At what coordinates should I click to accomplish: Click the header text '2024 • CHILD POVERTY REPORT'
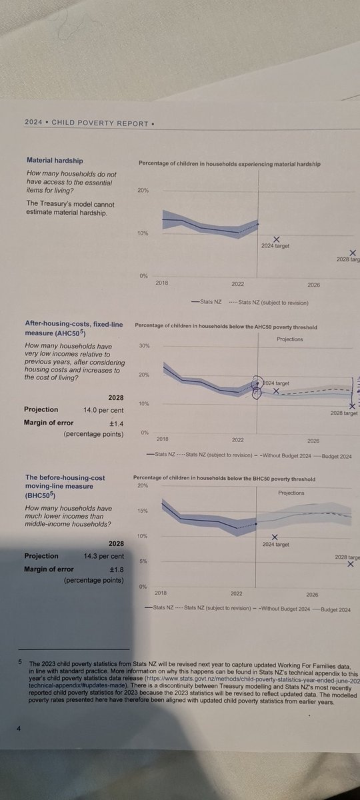pyautogui.click(x=69, y=123)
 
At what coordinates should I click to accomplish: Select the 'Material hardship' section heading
pyautogui.click(x=55, y=161)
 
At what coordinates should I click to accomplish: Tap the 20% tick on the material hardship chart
pyautogui.click(x=142, y=191)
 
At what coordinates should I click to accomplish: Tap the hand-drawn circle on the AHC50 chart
pyautogui.click(x=257, y=388)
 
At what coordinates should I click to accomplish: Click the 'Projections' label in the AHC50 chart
pyautogui.click(x=289, y=339)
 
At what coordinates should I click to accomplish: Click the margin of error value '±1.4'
pyautogui.click(x=114, y=423)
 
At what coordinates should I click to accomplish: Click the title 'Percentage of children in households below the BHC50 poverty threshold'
pyautogui.click(x=224, y=479)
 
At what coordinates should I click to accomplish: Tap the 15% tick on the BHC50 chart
pyautogui.click(x=142, y=511)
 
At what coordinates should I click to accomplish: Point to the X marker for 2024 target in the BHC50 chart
pyautogui.click(x=275, y=537)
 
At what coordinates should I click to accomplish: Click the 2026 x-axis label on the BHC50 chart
pyautogui.click(x=313, y=593)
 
